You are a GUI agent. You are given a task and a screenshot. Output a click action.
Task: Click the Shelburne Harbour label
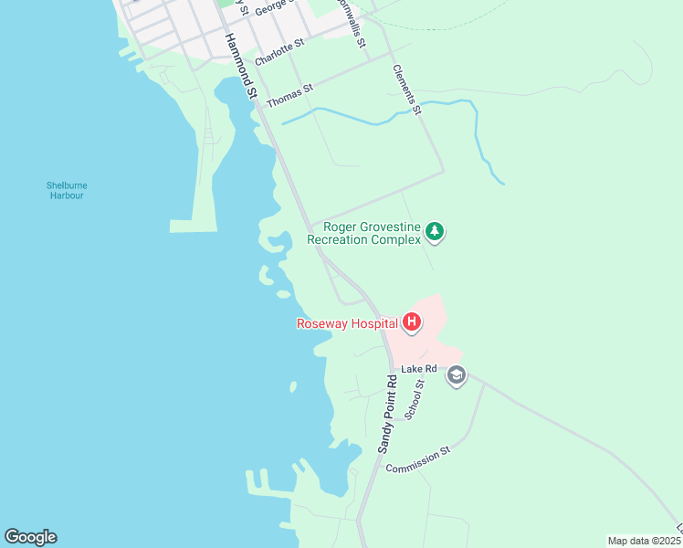[67, 190]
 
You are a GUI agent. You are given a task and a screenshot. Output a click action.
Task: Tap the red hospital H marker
[412, 321]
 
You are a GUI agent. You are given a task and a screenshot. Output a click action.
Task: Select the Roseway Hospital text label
[347, 322]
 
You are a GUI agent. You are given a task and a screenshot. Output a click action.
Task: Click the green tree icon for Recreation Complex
[436, 232]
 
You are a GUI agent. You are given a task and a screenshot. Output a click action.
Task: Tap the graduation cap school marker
[457, 375]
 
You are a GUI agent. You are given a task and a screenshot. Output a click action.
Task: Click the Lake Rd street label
[419, 369]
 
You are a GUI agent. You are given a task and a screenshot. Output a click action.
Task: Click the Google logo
[30, 537]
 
